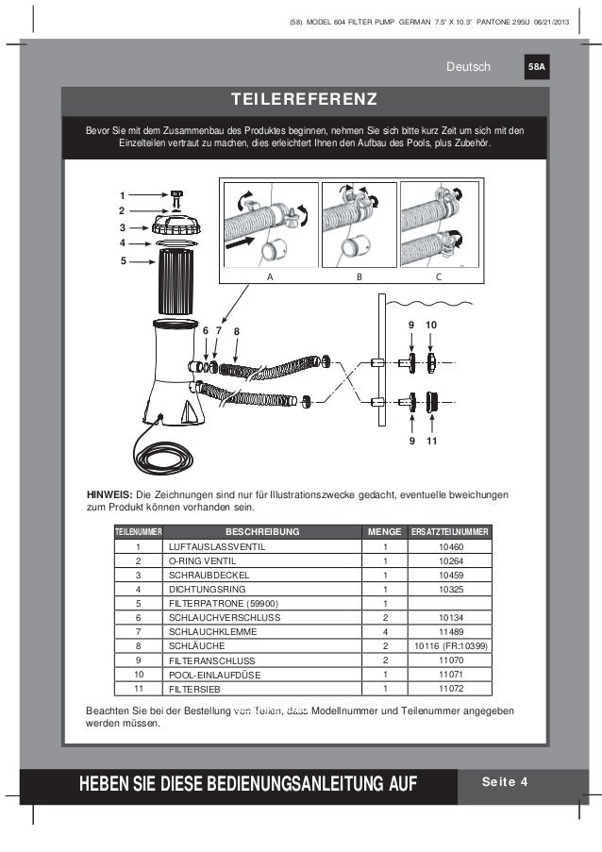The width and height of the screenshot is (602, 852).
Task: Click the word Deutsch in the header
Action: click(x=470, y=67)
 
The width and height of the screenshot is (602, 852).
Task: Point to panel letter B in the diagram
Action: click(x=359, y=277)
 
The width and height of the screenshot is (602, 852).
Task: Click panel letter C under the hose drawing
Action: click(x=439, y=277)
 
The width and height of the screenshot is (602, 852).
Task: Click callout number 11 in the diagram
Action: click(x=430, y=441)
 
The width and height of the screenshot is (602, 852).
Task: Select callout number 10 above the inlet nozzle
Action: click(x=430, y=325)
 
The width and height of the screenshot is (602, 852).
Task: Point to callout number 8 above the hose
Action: click(x=237, y=331)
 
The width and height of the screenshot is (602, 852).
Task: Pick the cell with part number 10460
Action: click(x=451, y=546)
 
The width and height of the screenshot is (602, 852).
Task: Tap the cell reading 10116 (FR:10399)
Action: click(x=451, y=646)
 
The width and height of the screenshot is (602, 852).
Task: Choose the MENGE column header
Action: click(x=385, y=531)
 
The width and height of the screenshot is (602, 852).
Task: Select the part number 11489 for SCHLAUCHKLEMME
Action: click(x=451, y=632)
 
